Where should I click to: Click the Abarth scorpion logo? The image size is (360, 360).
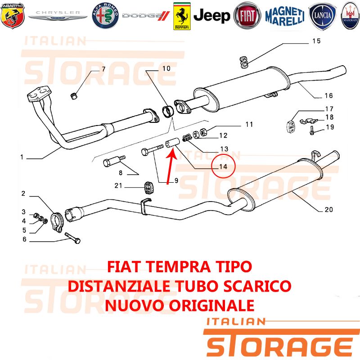coord(13,16)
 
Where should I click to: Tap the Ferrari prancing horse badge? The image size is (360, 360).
coord(182,16)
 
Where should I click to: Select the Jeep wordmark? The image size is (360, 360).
coord(211,16)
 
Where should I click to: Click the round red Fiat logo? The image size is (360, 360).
coord(247,15)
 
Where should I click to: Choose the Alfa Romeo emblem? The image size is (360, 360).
coord(105,16)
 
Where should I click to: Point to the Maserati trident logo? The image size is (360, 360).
coord(351,16)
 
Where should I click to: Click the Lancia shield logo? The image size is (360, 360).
coord(322,16)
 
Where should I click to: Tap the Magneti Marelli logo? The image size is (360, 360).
coord(285,16)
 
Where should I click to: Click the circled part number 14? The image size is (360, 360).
coord(223,166)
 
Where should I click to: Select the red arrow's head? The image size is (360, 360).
coord(172,153)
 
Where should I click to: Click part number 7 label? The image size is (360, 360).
coord(103,69)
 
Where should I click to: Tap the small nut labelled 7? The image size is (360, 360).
coord(73,96)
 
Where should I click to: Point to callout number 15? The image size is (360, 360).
coord(316,41)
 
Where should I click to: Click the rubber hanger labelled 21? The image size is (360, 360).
coord(149,188)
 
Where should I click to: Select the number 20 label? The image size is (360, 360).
coord(329,209)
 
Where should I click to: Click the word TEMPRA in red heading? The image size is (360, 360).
coord(178,266)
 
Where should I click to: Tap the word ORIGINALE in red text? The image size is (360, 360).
coord(211,306)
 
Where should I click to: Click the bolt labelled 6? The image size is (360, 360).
coord(72,238)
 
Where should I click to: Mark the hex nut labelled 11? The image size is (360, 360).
coord(203,131)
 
